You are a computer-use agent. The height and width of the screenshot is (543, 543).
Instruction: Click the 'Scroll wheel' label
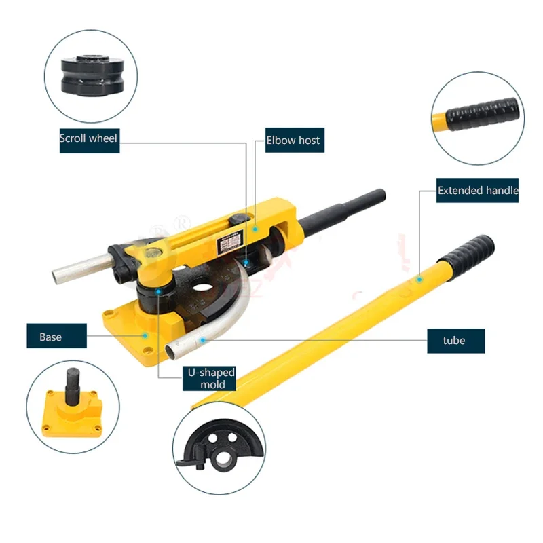(x=89, y=138)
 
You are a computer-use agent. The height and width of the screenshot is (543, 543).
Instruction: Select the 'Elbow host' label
(x=293, y=141)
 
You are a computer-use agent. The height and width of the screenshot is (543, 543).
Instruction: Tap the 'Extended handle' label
(x=477, y=191)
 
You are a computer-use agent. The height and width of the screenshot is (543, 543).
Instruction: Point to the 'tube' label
(x=455, y=340)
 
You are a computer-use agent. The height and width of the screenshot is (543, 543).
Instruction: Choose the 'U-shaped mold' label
(x=212, y=378)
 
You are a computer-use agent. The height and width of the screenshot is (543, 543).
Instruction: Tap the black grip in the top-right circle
(x=492, y=111)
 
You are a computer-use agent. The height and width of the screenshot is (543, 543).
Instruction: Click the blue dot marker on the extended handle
(x=419, y=278)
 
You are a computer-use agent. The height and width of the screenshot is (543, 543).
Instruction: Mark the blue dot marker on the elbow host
(x=257, y=229)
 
